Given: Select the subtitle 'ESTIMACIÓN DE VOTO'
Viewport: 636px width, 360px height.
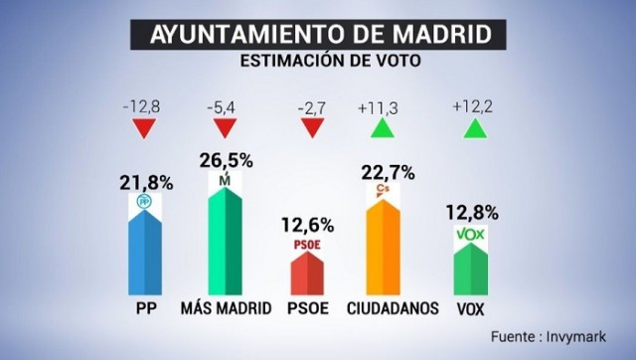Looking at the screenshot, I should click(x=318, y=61).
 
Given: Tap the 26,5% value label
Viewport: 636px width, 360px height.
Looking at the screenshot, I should click(x=228, y=159).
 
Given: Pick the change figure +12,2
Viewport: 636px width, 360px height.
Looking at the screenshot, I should click(x=472, y=104).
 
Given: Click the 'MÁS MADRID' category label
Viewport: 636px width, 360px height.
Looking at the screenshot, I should click(x=227, y=308).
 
